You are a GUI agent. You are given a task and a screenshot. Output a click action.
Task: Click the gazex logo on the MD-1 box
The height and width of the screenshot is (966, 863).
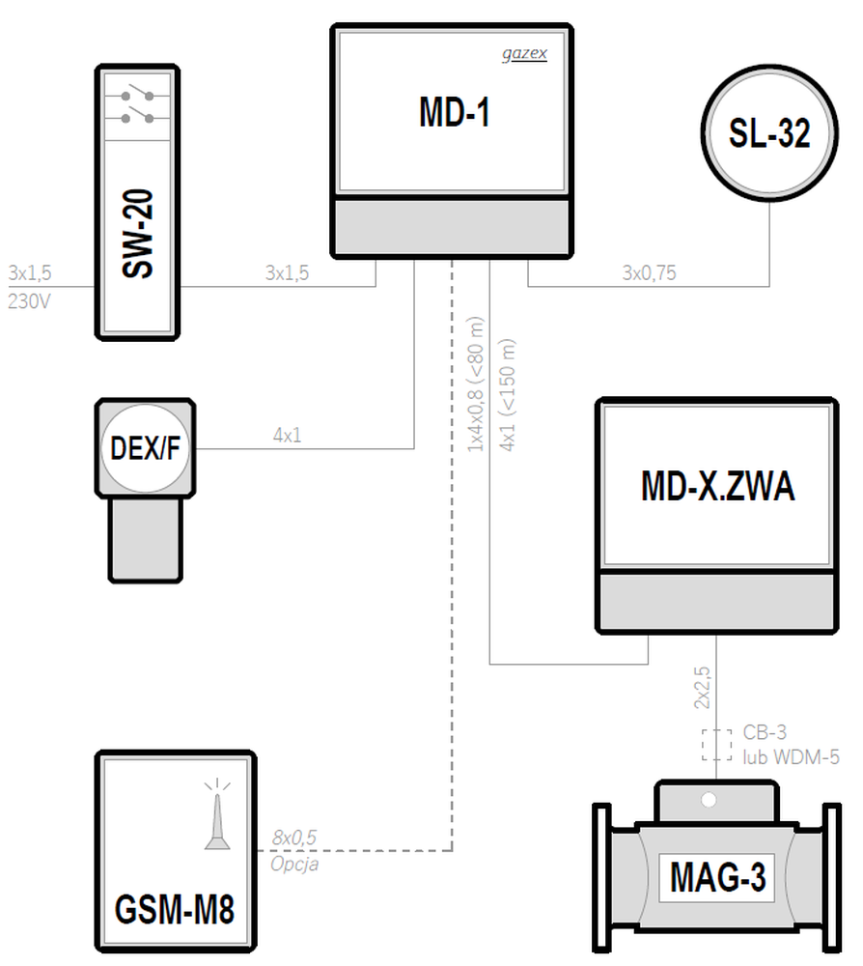pos(524,53)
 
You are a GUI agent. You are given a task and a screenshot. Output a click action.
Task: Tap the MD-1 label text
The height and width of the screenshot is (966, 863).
pos(455,112)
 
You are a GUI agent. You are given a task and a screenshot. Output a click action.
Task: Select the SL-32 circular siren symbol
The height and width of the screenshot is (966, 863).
pos(769,132)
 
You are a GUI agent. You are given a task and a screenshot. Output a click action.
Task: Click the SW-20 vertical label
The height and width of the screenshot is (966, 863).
pos(137,234)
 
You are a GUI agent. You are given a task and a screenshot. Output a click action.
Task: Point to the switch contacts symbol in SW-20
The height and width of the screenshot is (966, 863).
pos(137,106)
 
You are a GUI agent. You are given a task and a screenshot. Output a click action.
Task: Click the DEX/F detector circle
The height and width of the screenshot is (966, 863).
pos(145,448)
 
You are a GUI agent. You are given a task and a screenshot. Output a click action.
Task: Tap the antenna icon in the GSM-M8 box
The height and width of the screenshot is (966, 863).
pos(217,814)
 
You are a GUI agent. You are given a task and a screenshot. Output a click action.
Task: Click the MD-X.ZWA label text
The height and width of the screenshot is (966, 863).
pos(718,486)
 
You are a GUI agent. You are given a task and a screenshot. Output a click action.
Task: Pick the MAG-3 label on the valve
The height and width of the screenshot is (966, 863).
pos(718,877)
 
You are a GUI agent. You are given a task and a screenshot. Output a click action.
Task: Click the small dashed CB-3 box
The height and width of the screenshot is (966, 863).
pos(716,746)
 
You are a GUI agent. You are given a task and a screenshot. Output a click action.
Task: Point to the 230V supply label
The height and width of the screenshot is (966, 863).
pos(29,301)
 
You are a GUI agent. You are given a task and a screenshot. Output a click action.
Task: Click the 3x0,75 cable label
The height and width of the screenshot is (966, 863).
pos(649,272)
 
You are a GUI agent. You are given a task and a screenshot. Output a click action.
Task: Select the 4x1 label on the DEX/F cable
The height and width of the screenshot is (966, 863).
pos(287,436)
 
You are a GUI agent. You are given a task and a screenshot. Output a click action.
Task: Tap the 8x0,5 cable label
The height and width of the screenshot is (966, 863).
pos(294,838)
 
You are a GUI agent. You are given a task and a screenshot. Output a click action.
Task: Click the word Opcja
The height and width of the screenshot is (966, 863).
pos(294,864)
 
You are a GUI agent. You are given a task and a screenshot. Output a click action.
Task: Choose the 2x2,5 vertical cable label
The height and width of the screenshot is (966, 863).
pos(702,688)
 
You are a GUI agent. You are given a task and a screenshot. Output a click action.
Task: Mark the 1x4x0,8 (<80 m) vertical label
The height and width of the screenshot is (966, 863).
pos(475,384)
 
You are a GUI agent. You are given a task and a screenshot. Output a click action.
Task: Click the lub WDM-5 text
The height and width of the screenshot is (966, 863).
pos(791,756)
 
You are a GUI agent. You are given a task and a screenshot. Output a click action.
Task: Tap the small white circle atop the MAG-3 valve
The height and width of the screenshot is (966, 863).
pos(709,800)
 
